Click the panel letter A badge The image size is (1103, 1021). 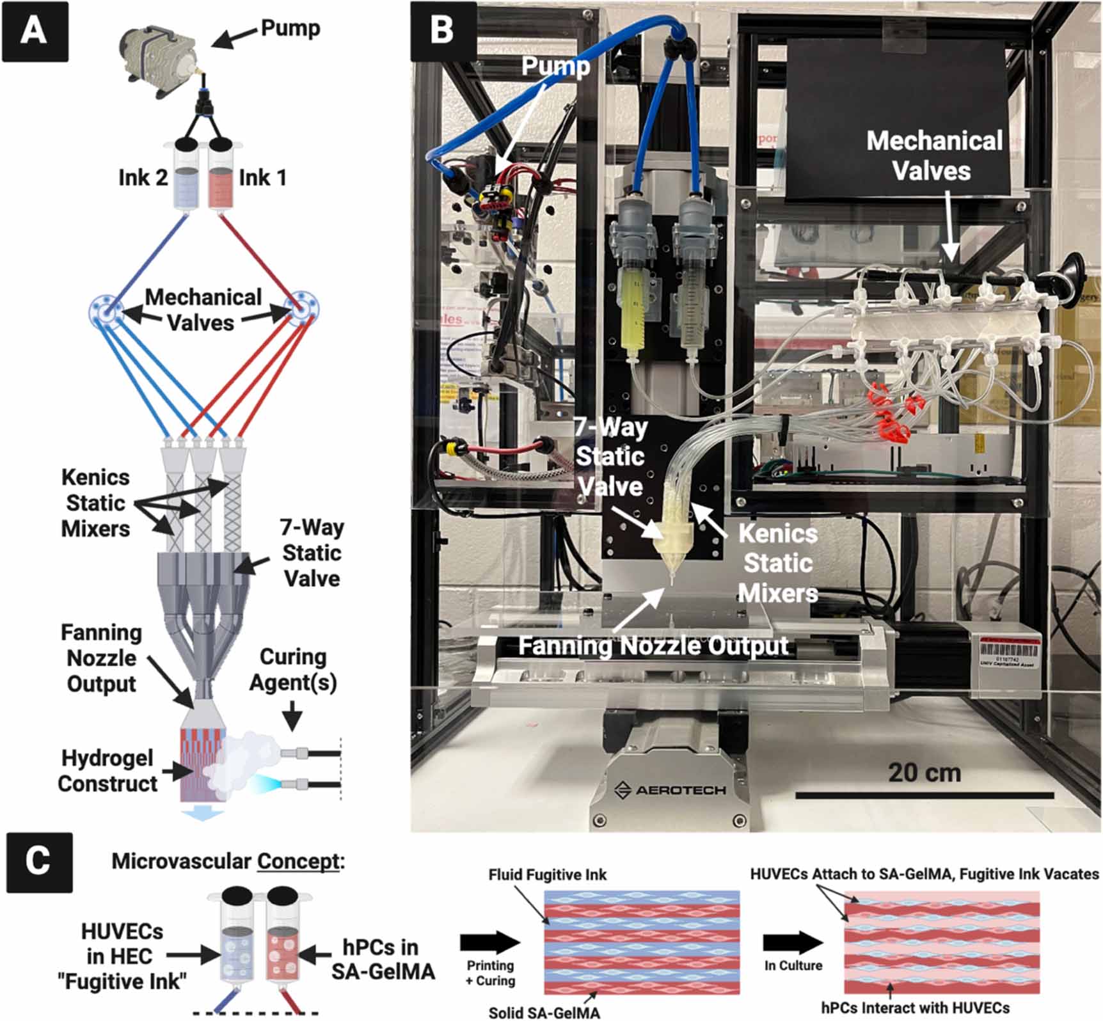tap(35, 31)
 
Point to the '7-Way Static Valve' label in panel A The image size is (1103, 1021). tap(311, 553)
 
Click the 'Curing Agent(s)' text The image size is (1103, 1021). tap(293, 669)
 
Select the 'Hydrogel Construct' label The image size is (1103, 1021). tap(107, 771)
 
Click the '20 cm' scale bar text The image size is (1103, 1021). tap(924, 773)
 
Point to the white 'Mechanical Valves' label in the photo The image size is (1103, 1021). tap(934, 155)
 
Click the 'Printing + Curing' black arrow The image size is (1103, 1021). tap(490, 942)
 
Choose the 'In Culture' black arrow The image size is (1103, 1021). tap(793, 942)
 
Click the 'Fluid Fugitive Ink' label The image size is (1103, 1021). tap(548, 875)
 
